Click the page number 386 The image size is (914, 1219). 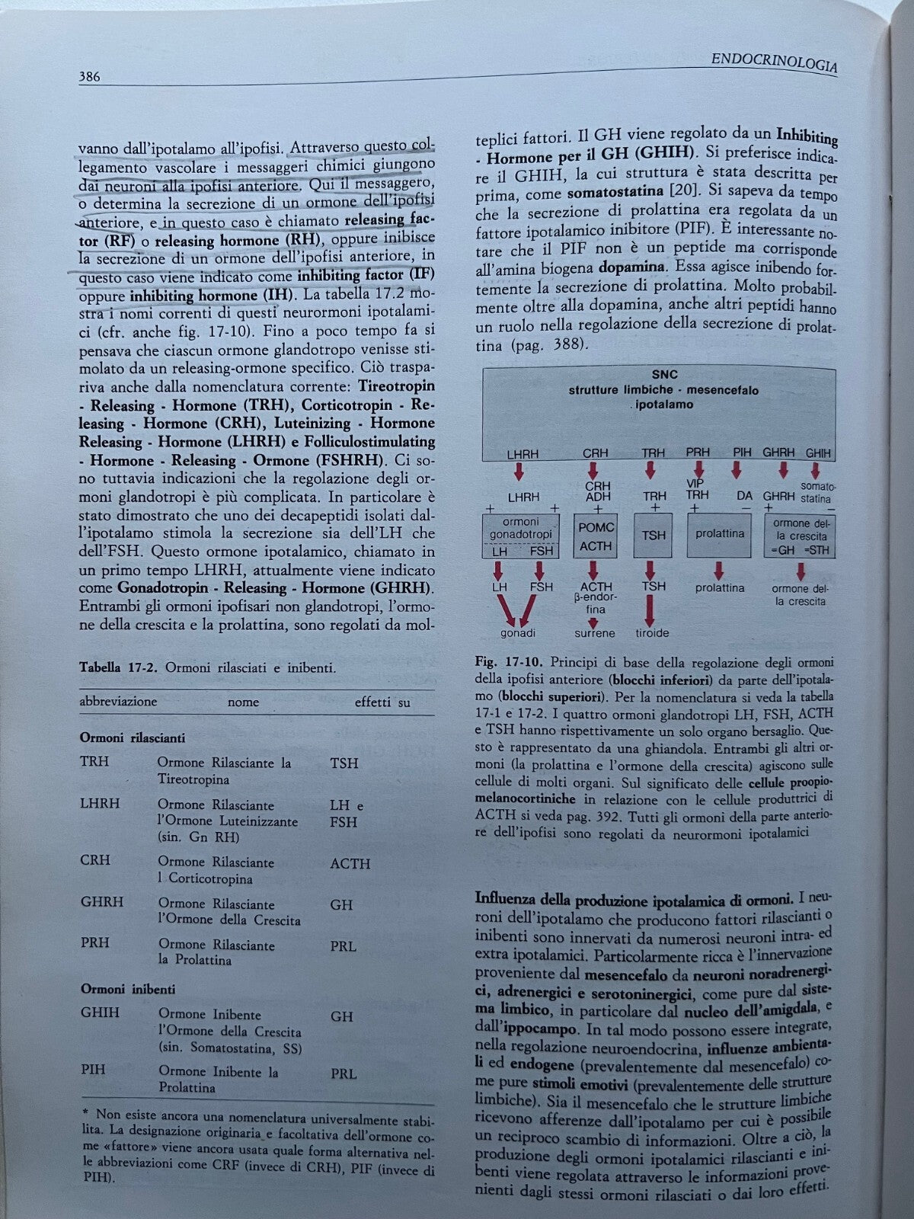(90, 76)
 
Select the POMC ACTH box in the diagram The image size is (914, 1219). (595, 536)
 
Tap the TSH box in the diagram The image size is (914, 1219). (653, 536)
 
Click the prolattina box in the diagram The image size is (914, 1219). (719, 534)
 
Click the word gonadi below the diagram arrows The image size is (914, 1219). (518, 633)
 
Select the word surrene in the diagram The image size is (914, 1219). (595, 633)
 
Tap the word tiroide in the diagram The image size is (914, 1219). (652, 633)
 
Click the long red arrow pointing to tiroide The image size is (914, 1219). (652, 609)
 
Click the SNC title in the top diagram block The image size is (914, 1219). (664, 375)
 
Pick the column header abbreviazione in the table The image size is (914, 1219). (118, 701)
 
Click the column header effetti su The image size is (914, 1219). (382, 702)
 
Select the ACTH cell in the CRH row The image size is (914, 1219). (350, 863)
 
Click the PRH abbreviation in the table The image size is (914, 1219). (95, 942)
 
